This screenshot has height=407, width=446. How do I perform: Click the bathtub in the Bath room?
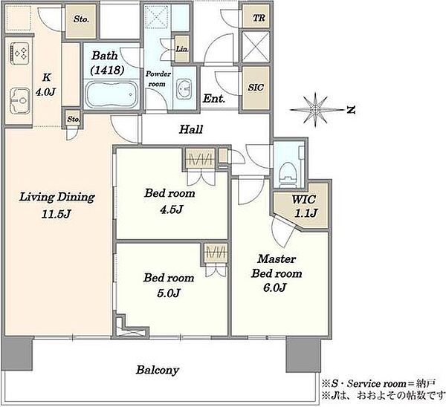coord(112,94)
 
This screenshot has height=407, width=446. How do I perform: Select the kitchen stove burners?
coord(20,53)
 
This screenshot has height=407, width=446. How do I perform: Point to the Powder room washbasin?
coord(184,89)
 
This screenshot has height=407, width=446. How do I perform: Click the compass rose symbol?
coord(315,110)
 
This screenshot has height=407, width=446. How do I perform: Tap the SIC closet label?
coord(256,87)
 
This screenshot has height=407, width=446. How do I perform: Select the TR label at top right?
coord(259,18)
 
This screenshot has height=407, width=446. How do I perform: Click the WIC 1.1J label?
coord(305,206)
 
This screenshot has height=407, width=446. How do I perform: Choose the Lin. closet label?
coord(182,49)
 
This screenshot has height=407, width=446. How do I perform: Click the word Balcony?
coord(158,370)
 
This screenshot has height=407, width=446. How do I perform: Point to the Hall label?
coord(191,130)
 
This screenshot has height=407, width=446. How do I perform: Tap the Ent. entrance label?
coord(213,99)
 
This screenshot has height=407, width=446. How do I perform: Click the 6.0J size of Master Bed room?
coord(274,287)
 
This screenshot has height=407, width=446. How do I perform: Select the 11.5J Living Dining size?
coord(56,214)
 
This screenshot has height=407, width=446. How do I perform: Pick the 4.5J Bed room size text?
coord(171,209)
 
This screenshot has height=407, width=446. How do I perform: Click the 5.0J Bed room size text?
coord(169,293)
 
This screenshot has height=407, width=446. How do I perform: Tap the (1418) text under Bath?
coord(107,70)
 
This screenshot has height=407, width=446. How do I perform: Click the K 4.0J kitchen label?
coord(45,85)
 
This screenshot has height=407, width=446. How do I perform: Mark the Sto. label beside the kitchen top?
coord(81,19)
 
